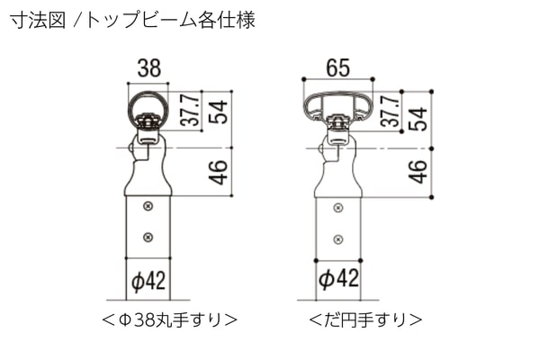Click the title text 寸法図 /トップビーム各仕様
point(132,21)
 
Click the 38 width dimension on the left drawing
point(148,68)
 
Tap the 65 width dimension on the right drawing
point(337,67)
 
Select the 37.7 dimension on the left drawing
point(191,110)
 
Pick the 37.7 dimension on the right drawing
point(390,111)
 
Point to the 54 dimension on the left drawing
point(218,112)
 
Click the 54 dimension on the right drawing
point(418,119)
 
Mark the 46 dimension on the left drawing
point(218,172)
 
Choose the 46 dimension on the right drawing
point(418,171)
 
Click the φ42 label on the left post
point(148,281)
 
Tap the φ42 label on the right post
point(338,278)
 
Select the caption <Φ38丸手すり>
point(169,320)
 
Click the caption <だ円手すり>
point(365,320)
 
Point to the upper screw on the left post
point(148,206)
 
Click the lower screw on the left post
point(148,237)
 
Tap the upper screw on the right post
point(338,208)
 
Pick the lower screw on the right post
point(338,239)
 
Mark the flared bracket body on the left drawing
point(148,179)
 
